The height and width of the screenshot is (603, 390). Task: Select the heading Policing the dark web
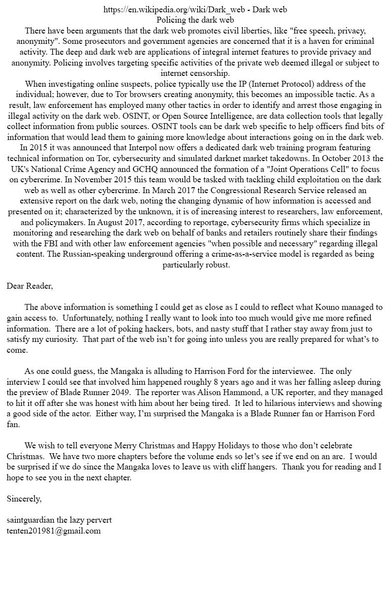[195, 20]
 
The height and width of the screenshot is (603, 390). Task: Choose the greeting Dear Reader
[30, 286]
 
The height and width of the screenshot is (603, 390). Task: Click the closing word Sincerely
[24, 499]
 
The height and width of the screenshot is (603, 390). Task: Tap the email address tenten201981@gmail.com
[54, 531]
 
